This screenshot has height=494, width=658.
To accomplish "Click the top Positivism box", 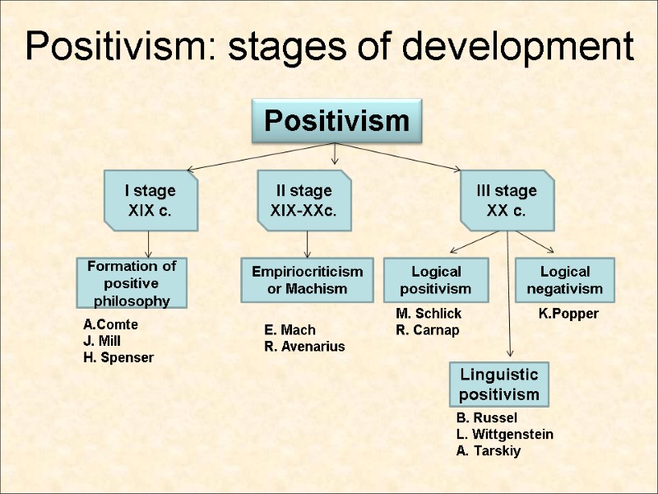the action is click(x=336, y=122).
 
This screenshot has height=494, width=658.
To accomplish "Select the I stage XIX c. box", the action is click(x=150, y=200).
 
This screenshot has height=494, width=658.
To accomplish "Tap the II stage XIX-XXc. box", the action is click(x=304, y=200).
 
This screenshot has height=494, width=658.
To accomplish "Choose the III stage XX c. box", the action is click(x=507, y=200).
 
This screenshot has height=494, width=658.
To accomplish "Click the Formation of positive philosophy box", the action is click(x=132, y=282).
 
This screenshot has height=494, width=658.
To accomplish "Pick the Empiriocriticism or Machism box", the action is click(x=307, y=280).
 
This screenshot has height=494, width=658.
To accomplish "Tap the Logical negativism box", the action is click(x=565, y=280).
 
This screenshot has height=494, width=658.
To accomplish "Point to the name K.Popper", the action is click(x=568, y=314).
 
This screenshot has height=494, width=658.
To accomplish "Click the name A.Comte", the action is click(x=111, y=324).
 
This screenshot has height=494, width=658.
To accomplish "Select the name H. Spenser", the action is click(x=118, y=357).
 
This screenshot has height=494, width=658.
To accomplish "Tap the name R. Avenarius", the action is click(x=304, y=347).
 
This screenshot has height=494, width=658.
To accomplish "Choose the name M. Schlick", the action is click(x=429, y=314).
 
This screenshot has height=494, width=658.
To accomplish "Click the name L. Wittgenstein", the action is click(x=504, y=434).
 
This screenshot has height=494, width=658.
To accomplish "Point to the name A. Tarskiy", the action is click(x=489, y=450).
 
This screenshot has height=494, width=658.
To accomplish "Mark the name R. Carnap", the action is click(x=428, y=330).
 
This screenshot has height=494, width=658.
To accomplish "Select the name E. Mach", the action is click(x=290, y=330).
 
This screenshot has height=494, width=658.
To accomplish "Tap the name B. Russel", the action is click(x=487, y=417).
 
